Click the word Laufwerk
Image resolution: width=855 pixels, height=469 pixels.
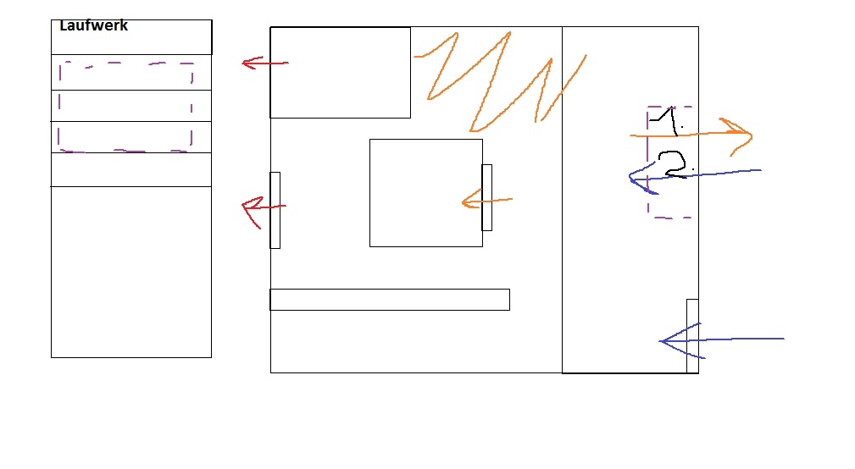tap(93, 26)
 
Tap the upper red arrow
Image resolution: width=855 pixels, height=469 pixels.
tap(263, 63)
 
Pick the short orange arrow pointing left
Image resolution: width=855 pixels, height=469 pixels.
tap(486, 201)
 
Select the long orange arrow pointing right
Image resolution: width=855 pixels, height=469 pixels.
tap(695, 134)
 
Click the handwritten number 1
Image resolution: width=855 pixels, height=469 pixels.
tap(668, 121)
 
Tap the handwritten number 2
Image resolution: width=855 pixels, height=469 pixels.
tap(675, 165)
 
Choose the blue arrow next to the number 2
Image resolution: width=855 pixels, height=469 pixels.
tap(695, 174)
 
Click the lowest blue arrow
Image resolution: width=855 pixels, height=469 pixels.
tap(720, 340)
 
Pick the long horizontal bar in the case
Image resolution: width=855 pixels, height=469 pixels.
tap(390, 300)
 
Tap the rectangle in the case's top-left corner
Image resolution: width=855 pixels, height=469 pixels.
tap(340, 73)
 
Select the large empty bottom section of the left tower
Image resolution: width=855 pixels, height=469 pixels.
tap(130, 271)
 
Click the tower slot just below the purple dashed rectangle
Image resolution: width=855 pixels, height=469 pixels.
tap(130, 169)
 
